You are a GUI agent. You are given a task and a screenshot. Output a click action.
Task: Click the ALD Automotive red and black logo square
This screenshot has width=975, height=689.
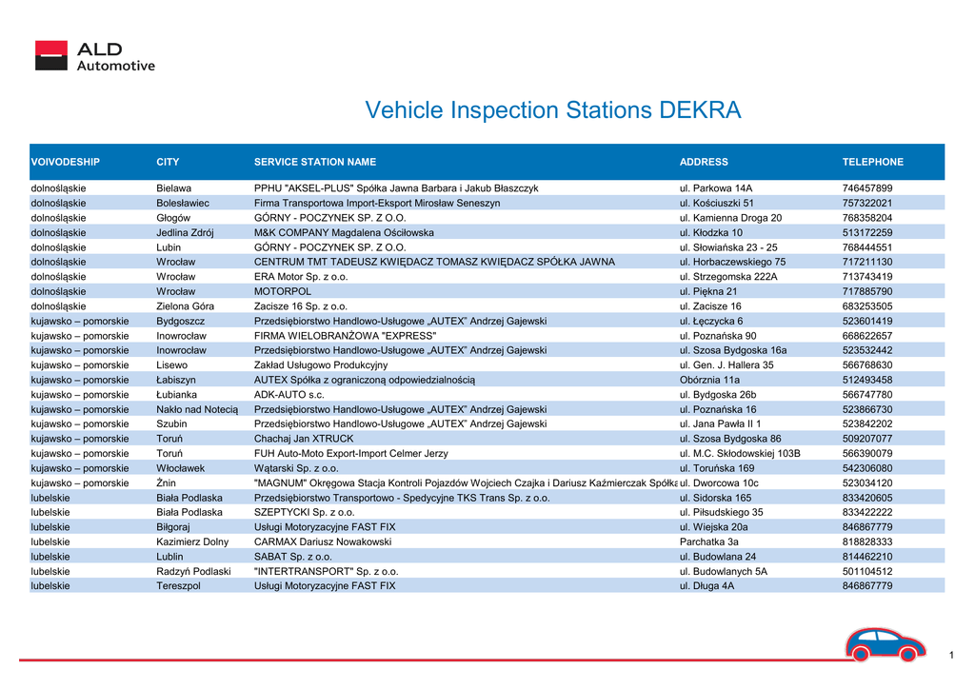pyautogui.click(x=51, y=55)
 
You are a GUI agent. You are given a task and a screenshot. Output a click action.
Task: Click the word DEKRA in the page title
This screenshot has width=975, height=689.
pyautogui.click(x=700, y=110)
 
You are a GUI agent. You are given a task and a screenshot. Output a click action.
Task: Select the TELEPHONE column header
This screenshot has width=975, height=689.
pyautogui.click(x=872, y=162)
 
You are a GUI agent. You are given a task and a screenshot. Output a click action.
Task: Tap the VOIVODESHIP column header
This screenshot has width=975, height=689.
pyautogui.click(x=66, y=162)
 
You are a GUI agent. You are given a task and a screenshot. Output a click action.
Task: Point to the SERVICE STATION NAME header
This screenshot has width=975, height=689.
pyautogui.click(x=314, y=162)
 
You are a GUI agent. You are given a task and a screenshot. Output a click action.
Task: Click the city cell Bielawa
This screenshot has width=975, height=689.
pyautogui.click(x=173, y=188)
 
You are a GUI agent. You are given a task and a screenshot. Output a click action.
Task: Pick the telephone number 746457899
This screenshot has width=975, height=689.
pyautogui.click(x=866, y=188)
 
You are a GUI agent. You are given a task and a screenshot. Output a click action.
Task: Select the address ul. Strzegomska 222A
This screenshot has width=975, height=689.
pyautogui.click(x=728, y=277)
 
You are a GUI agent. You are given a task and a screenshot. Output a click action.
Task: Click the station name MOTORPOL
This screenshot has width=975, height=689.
pyautogui.click(x=282, y=291)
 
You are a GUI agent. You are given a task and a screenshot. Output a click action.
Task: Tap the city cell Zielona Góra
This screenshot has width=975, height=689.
pyautogui.click(x=185, y=306)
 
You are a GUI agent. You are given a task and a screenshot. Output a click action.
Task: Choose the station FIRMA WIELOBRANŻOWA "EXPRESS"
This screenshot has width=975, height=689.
pyautogui.click(x=345, y=336)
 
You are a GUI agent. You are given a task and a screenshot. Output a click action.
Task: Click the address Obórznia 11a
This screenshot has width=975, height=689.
pyautogui.click(x=709, y=380)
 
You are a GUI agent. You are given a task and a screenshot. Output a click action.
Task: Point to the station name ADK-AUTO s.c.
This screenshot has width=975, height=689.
pyautogui.click(x=289, y=395)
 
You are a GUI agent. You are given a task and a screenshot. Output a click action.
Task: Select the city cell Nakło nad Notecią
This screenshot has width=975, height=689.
pyautogui.click(x=196, y=409)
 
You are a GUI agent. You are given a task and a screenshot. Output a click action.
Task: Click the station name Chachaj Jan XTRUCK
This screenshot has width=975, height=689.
pyautogui.click(x=304, y=439)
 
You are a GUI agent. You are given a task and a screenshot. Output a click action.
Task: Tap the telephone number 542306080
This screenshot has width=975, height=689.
pyautogui.click(x=866, y=468)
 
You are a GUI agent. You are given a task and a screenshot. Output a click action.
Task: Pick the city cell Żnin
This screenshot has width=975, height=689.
pyautogui.click(x=166, y=482)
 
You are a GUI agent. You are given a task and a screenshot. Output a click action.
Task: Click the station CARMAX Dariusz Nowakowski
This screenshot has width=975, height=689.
pyautogui.click(x=322, y=541)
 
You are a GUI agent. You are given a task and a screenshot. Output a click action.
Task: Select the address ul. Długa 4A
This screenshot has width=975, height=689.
pyautogui.click(x=706, y=586)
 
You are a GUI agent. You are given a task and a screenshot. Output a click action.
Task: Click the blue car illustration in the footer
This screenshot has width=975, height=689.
pyautogui.click(x=885, y=644)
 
